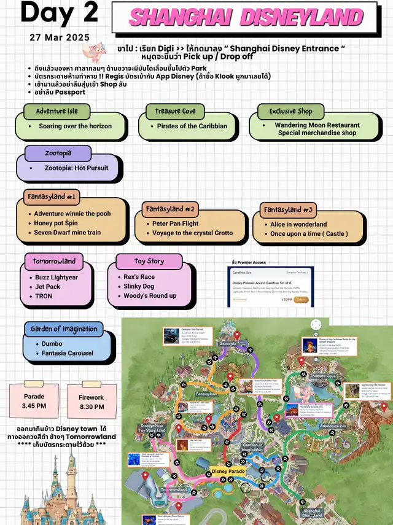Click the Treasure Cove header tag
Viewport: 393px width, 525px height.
click(x=176, y=111)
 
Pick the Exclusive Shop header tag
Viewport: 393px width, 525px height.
click(x=290, y=111)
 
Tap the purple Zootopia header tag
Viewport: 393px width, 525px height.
click(x=58, y=154)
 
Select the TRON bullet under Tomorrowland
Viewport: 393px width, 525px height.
click(x=44, y=296)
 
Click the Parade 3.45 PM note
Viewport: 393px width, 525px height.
click(x=34, y=402)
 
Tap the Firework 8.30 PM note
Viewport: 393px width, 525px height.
click(x=91, y=402)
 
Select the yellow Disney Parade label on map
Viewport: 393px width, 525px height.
click(x=228, y=472)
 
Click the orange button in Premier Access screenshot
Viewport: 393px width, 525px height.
click(x=301, y=299)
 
